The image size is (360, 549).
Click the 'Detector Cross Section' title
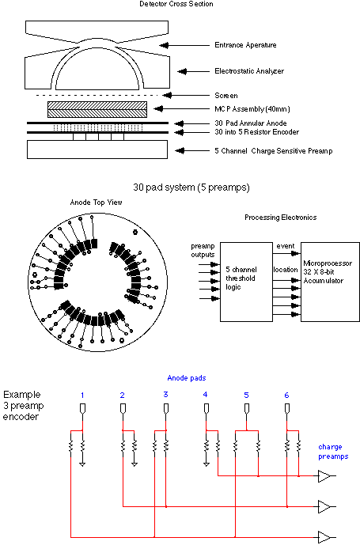[176, 4]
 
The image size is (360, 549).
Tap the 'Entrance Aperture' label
[245, 45]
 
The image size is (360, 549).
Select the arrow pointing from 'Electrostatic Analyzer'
[194, 71]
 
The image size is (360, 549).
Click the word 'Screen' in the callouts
[225, 96]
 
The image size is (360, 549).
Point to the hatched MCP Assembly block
[97, 109]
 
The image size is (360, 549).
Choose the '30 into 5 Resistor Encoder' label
[256, 132]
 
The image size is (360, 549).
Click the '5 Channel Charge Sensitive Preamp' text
[274, 151]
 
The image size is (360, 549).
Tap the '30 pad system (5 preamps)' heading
[191, 187]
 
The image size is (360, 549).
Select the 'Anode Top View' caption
[96, 203]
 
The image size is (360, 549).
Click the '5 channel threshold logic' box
[246, 282]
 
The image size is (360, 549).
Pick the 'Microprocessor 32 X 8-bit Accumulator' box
[330, 282]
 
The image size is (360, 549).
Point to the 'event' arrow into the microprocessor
[286, 253]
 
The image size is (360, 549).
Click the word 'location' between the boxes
[286, 270]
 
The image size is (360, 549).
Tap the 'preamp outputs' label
[203, 250]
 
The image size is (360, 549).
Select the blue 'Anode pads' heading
[187, 378]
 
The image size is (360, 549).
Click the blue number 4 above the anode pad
[205, 395]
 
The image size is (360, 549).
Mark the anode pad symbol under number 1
[82, 409]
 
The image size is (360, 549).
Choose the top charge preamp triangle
[324, 476]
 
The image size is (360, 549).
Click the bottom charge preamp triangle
[324, 537]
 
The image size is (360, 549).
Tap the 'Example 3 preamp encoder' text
[24, 406]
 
